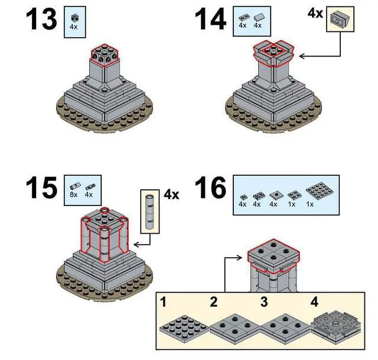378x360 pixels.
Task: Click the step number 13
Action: point(41,19)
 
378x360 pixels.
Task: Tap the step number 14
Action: point(210,19)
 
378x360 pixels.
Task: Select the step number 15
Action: point(41,188)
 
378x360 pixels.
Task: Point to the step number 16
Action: point(210,188)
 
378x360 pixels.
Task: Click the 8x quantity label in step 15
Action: point(73,194)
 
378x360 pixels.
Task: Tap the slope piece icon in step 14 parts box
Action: point(258,18)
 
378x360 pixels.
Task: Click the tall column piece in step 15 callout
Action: point(150,211)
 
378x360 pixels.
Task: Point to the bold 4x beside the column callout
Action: point(171,194)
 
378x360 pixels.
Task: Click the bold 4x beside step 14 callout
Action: point(315,13)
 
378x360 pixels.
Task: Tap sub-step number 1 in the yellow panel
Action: point(163,302)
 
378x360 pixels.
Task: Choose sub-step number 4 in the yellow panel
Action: point(314,302)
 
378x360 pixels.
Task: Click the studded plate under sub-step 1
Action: point(184,327)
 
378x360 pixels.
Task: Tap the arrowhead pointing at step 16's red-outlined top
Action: point(239,257)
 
